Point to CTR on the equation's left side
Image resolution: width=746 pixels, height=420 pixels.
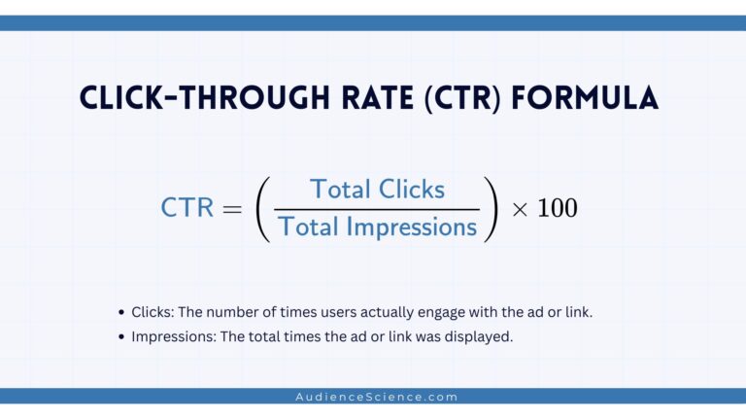click(x=187, y=208)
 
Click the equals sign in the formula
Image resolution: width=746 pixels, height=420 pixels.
click(x=236, y=208)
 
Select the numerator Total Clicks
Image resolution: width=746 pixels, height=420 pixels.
click(x=377, y=189)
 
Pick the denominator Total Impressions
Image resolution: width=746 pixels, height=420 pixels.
click(x=377, y=227)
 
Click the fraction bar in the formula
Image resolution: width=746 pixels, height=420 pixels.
click(x=377, y=208)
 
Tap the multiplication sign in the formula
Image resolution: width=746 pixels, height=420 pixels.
click(x=520, y=209)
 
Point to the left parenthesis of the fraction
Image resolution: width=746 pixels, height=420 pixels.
click(x=262, y=208)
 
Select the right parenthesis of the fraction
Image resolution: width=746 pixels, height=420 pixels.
click(x=493, y=208)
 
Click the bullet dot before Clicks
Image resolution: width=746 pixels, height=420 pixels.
click(x=121, y=313)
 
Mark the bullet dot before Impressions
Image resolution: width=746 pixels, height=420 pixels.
click(x=121, y=336)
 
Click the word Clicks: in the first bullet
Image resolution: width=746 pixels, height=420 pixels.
click(x=153, y=312)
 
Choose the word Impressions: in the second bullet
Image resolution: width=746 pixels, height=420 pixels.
click(x=175, y=336)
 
